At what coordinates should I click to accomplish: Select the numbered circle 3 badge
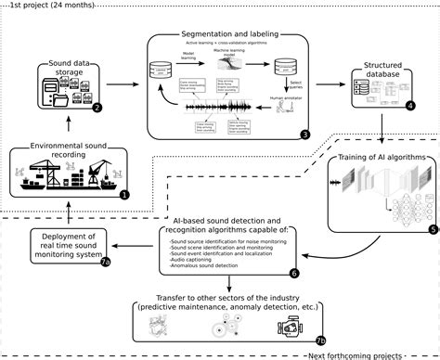point(304,135)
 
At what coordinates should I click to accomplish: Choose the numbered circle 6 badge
point(294,274)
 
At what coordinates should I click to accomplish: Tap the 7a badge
point(105,263)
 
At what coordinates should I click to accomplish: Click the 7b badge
point(320,340)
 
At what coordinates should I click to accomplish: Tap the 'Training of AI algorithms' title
point(381,158)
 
